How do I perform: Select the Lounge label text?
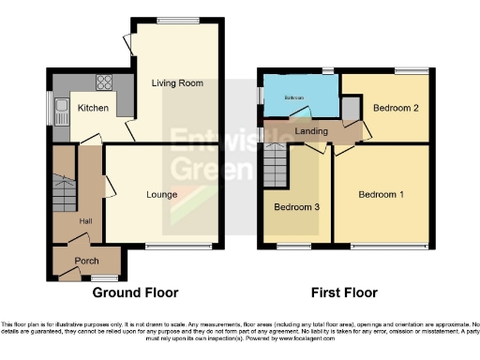tap(162, 195)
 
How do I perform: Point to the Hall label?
tap(85, 220)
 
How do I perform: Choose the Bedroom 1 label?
tap(382, 195)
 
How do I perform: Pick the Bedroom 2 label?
tap(395, 108)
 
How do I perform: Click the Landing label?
tap(311, 130)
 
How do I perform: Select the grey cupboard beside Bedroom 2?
tap(350, 110)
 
